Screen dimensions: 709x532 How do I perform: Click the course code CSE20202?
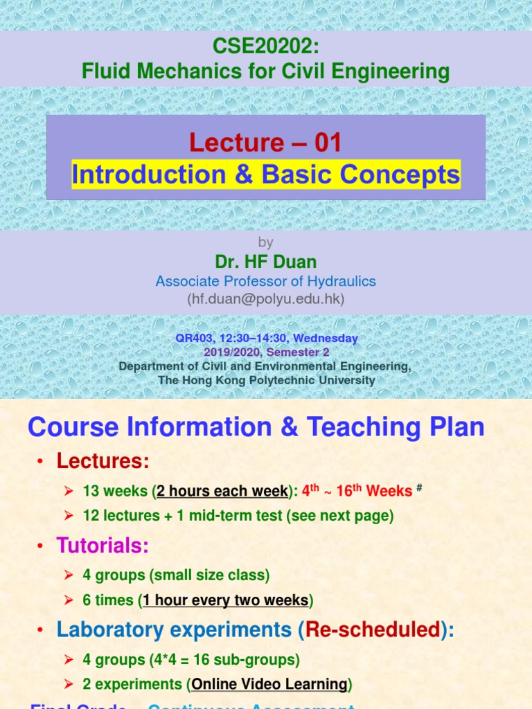(x=265, y=48)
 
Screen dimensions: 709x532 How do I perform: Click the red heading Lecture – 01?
(x=266, y=143)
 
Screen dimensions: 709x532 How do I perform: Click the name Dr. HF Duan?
(x=265, y=262)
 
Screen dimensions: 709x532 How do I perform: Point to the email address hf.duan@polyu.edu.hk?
(x=265, y=299)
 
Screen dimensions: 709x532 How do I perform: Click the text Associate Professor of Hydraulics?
(x=265, y=281)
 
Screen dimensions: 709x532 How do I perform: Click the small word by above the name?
(x=265, y=242)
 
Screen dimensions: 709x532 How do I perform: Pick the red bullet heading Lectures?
(x=103, y=460)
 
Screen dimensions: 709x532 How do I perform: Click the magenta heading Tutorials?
(x=103, y=546)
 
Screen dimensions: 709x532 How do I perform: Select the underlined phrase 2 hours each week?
(x=222, y=491)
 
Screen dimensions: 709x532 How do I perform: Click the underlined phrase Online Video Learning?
(x=269, y=684)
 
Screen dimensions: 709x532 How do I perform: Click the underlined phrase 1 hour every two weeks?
(x=225, y=600)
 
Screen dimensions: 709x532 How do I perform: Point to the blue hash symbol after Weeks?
(x=419, y=487)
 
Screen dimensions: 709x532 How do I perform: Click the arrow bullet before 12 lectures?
(x=69, y=516)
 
